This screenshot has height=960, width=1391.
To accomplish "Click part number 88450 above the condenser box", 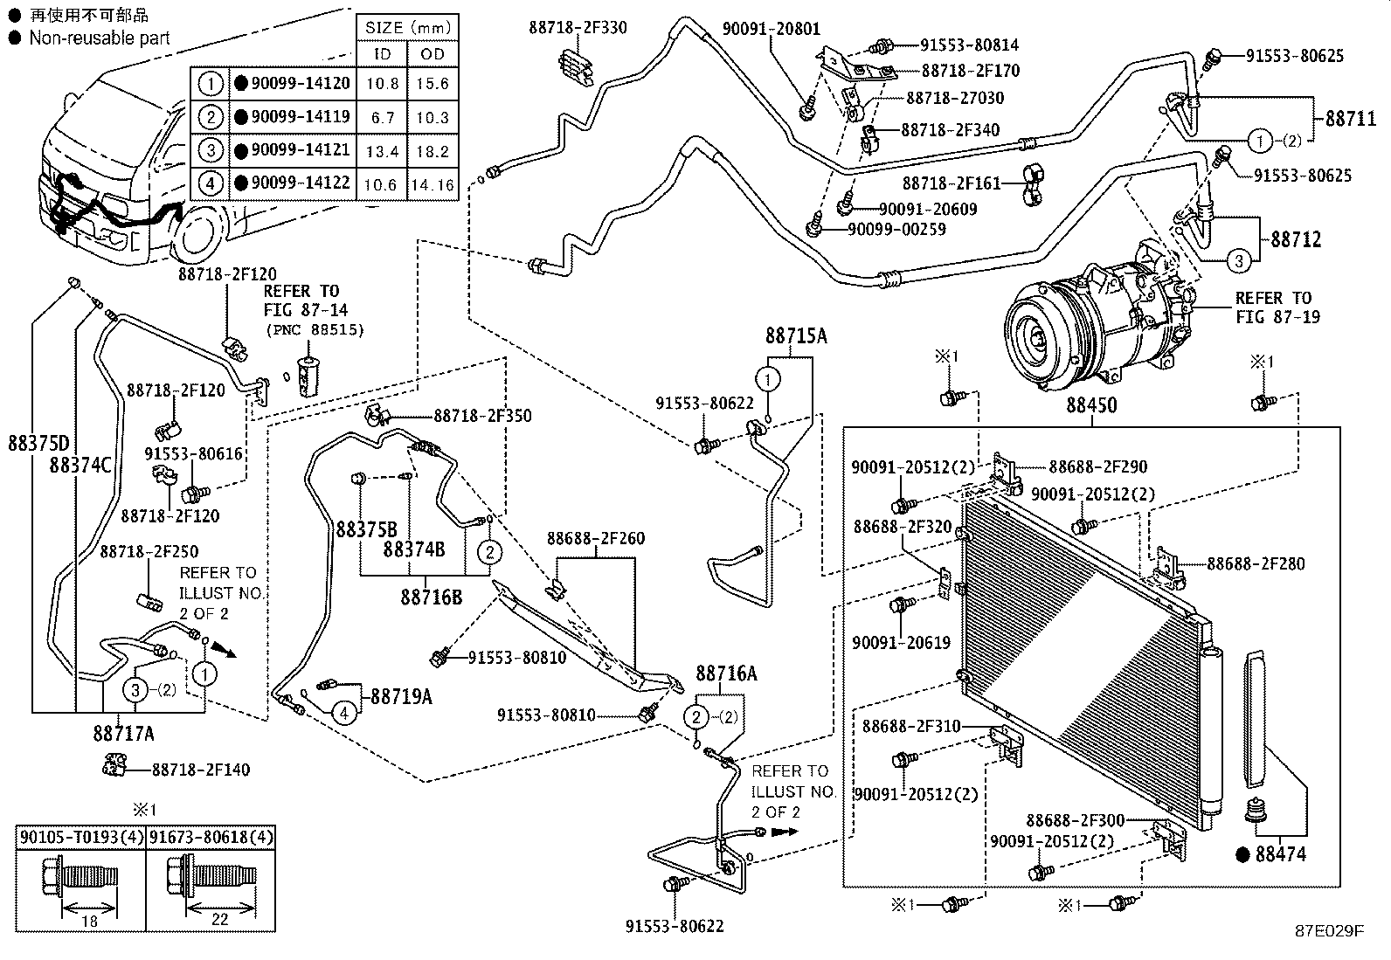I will click(x=1092, y=406).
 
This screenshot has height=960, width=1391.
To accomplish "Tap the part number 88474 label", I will click(x=1281, y=853).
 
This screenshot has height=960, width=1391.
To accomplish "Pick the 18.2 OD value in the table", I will click(x=432, y=151).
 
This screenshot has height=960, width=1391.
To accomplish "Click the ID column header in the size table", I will click(x=383, y=53).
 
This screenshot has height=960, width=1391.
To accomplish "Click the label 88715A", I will click(x=795, y=335).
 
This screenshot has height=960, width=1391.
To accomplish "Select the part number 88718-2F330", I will click(x=578, y=27).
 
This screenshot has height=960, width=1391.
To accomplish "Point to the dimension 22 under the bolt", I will click(x=219, y=920).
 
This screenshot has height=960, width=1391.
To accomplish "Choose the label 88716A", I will click(x=726, y=673).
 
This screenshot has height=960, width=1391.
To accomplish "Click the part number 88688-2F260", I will click(x=596, y=538).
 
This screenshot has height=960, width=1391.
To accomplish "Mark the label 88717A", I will click(x=123, y=734).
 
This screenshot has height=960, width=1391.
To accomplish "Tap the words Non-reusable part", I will click(x=100, y=38).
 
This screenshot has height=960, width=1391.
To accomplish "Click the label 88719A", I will click(x=401, y=696).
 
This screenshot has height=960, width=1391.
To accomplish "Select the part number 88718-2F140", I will click(x=201, y=770).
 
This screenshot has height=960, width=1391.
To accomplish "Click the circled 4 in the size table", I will click(x=211, y=183).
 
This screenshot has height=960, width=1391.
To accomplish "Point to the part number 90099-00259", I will click(x=896, y=230).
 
